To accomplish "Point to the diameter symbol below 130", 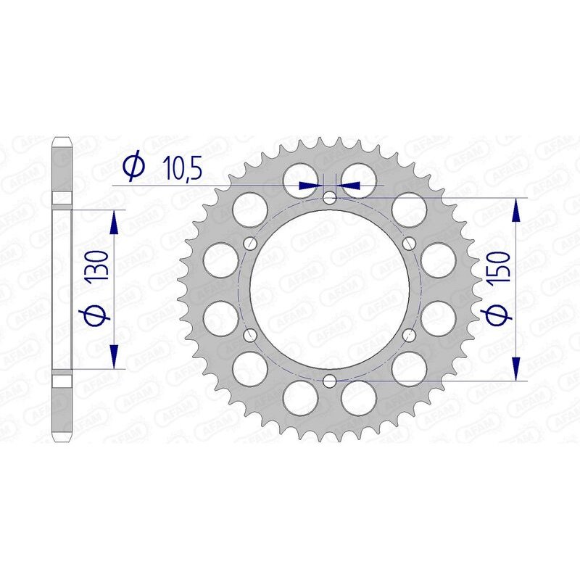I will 99,315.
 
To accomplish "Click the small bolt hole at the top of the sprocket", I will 330,197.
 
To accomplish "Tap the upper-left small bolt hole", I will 251,243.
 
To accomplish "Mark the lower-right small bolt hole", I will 409,334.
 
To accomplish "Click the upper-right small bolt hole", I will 409,243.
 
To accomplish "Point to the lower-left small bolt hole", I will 251,334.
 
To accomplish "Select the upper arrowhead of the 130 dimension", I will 114,222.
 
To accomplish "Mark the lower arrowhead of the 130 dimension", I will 114,356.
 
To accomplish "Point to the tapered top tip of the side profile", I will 62,138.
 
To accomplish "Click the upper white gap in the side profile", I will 62,198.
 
